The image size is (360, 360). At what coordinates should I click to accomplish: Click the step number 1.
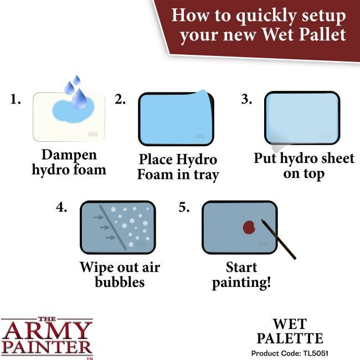tap(16, 101)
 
